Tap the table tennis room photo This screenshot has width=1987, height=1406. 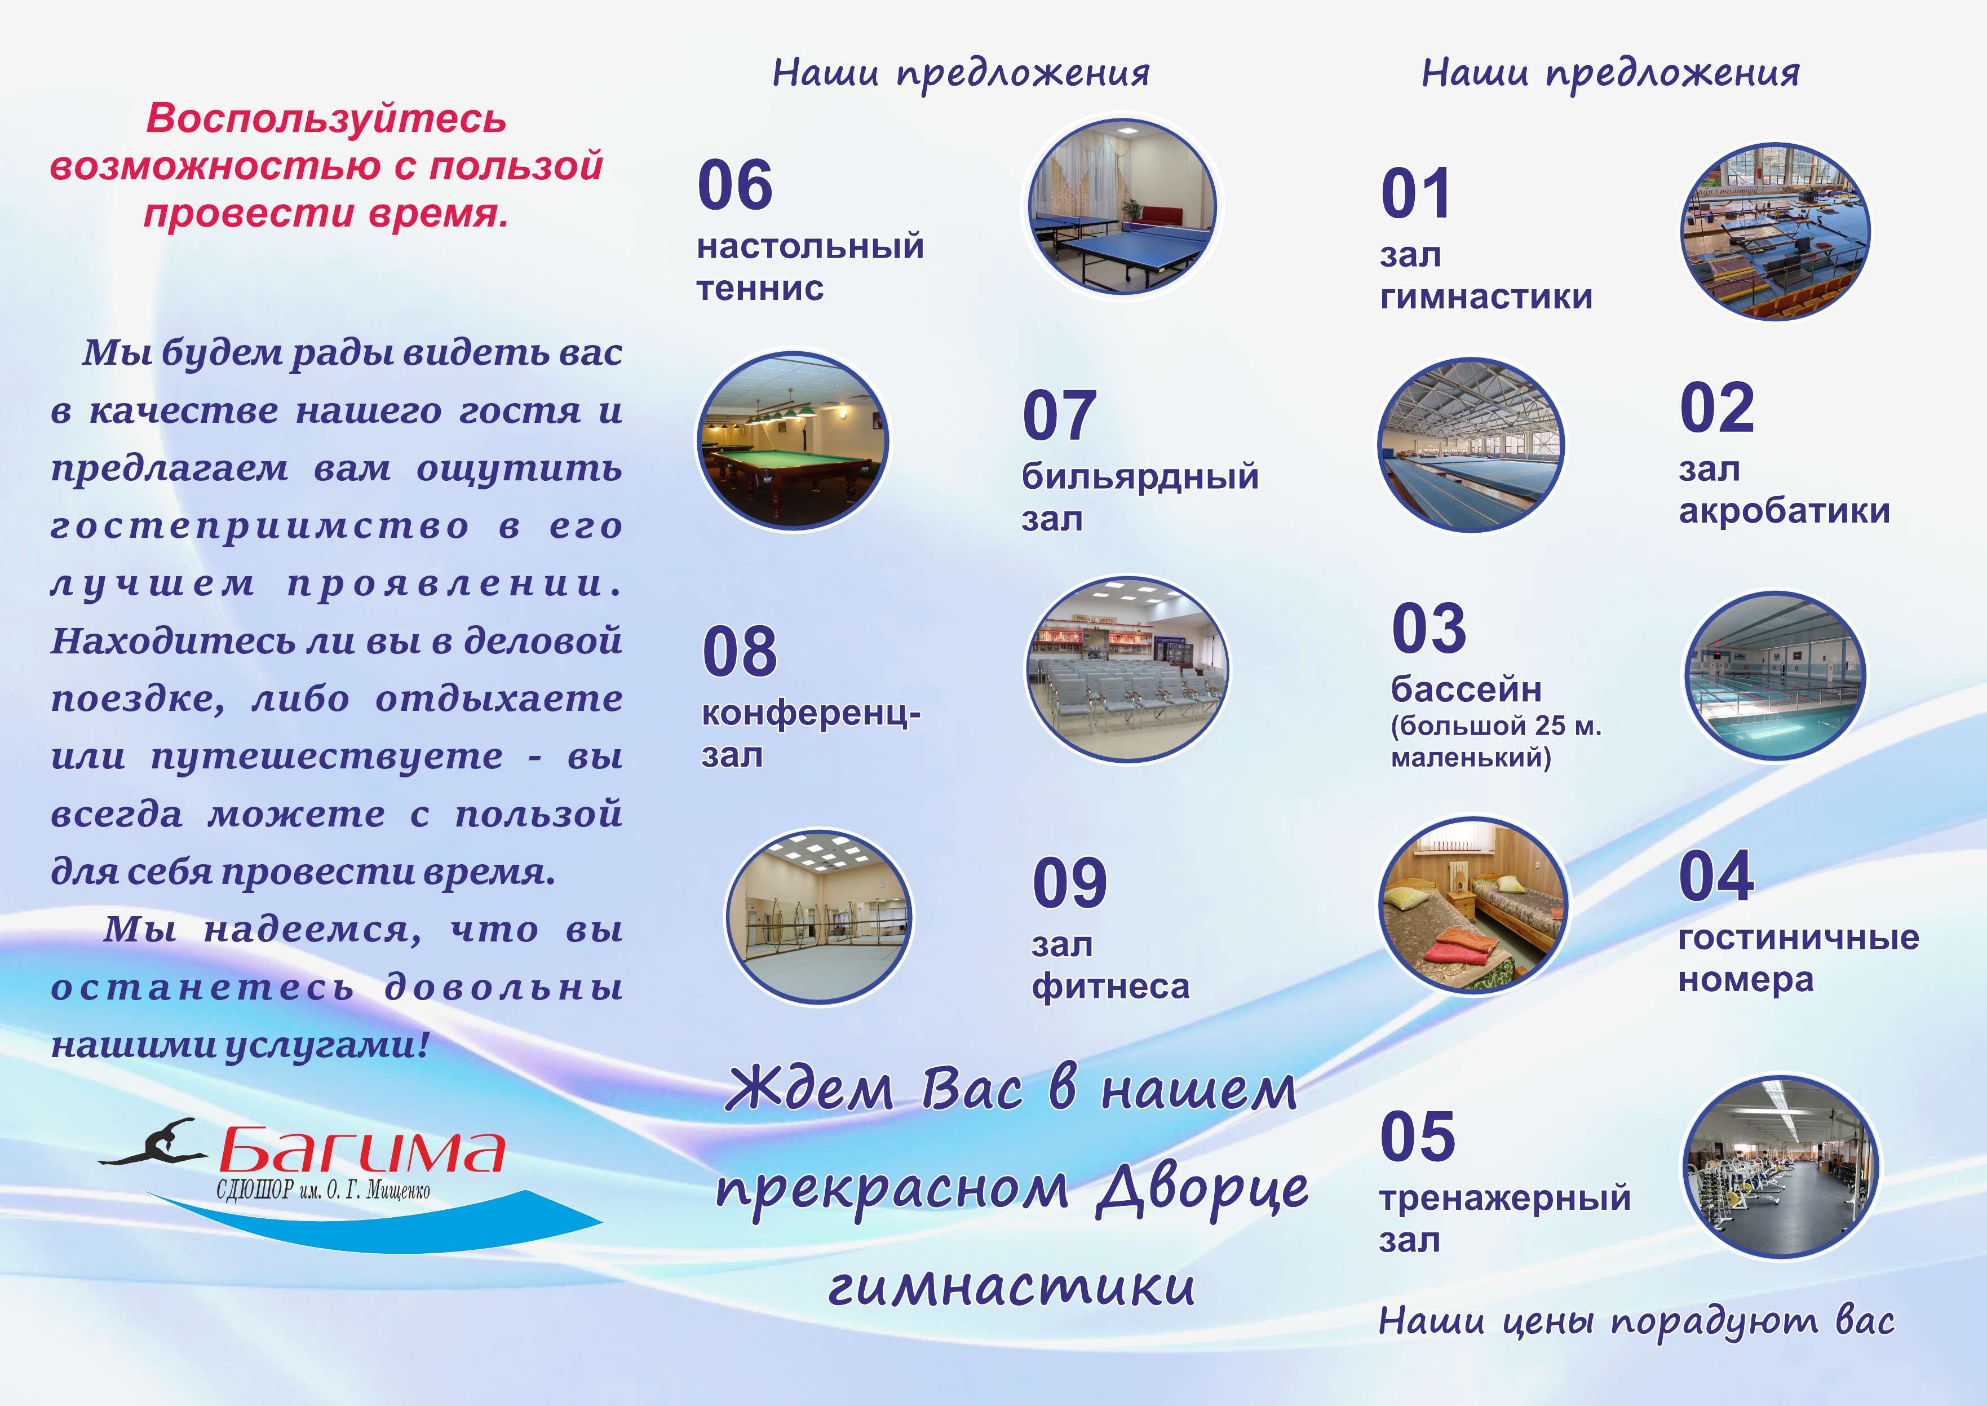pos(1122,206)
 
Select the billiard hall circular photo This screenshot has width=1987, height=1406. pos(793,441)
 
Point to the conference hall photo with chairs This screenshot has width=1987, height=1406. pos(1127,669)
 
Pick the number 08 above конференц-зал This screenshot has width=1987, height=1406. pos(740,651)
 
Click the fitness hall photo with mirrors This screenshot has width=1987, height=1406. pos(818,916)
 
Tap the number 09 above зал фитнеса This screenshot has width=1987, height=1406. pos(1070,883)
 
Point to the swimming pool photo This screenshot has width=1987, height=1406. pos(1774,675)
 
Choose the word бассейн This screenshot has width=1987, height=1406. pos(1466,689)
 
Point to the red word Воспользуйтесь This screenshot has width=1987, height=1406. pos(326,118)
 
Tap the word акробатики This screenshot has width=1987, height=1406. pos(1785,511)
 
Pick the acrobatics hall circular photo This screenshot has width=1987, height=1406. pos(1471,445)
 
